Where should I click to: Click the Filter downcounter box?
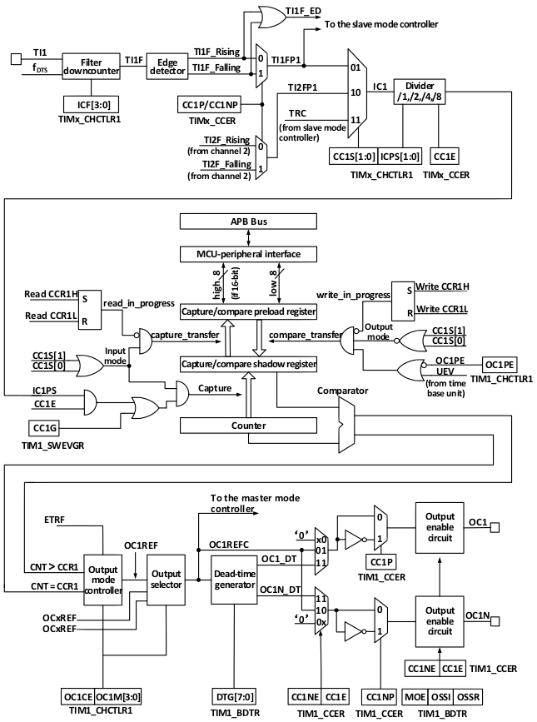91,67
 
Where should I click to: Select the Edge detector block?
167,67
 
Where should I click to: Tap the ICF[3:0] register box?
91,105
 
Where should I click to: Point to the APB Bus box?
248,222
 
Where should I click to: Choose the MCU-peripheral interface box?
248,254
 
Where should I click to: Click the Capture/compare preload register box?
248,311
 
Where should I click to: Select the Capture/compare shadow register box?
248,364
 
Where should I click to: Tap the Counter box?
248,426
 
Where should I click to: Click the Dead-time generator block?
234,580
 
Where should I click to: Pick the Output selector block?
167,580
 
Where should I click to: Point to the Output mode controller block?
102,580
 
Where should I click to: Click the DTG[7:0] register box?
235,697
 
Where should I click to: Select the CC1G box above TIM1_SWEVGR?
45,428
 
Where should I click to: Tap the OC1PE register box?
500,365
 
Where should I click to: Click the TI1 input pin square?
16,58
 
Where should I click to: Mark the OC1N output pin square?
495,621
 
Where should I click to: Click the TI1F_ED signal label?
303,11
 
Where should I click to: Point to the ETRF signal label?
54,520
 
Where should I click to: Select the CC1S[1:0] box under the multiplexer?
354,157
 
